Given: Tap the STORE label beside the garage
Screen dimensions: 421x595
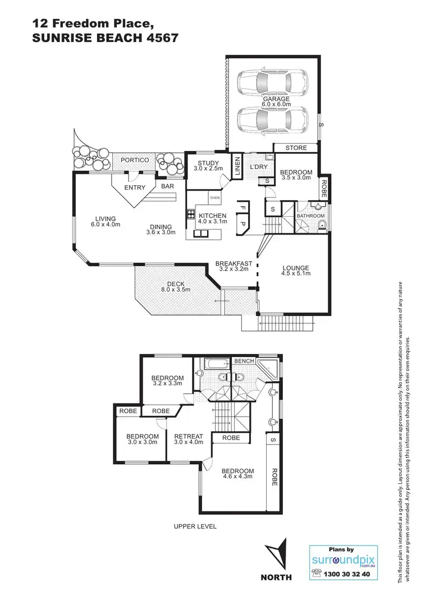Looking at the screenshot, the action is click(296, 149).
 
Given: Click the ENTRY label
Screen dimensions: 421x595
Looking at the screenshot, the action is click(135, 187).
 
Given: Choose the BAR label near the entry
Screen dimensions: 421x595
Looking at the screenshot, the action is click(167, 186).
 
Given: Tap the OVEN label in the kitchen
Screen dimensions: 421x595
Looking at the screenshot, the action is click(214, 198).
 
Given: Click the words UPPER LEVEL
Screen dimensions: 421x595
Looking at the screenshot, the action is click(195, 527).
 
